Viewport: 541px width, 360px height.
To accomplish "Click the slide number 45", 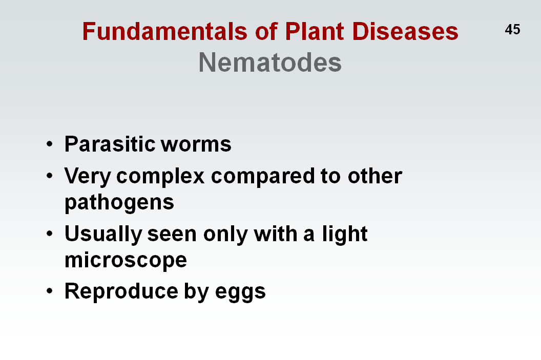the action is tap(512, 29).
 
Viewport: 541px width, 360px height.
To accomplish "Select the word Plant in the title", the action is tap(315, 31).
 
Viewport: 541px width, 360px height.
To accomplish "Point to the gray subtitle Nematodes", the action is tap(270, 62).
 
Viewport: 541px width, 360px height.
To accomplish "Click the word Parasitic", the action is tap(110, 143).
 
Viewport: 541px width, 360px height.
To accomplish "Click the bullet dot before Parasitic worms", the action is tap(50, 143).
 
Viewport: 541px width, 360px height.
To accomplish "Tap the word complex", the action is tap(160, 177).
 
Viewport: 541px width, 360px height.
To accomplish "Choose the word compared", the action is tap(263, 177).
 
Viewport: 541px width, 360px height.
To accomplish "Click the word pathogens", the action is tap(119, 202).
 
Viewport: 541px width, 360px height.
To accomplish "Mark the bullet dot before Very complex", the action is tap(50, 176).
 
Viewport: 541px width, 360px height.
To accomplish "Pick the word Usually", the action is tap(103, 235).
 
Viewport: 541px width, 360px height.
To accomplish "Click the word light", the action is tap(345, 235).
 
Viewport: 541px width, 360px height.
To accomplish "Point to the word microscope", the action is tap(126, 260).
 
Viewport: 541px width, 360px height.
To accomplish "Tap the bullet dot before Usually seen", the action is tap(50, 234).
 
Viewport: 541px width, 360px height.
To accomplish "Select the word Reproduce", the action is tap(121, 291).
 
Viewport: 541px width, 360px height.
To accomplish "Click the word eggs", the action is tap(240, 293).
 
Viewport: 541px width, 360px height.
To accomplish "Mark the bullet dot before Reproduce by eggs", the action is tap(50, 291).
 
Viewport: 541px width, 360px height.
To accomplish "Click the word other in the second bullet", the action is tap(374, 176).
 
